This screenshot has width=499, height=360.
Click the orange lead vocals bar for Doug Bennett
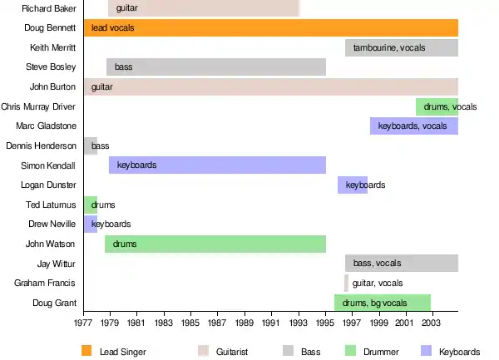pos(270,27)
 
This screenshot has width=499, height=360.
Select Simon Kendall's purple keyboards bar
pos(216,165)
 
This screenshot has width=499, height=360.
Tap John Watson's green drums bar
pos(215,244)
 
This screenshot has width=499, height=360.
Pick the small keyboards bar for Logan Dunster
pos(353,185)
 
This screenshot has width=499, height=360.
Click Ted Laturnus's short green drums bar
pos(90,205)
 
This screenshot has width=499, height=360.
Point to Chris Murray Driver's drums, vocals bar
pos(437,106)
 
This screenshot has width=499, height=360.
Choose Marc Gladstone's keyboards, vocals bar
pos(414,126)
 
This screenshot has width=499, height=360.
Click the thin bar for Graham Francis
pos(346,283)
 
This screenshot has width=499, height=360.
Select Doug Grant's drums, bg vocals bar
pos(383,303)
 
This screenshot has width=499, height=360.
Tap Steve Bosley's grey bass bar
pos(216,67)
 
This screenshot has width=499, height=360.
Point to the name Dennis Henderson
pos(42,145)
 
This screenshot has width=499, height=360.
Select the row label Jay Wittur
pos(57,264)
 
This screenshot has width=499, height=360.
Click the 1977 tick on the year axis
pos(83,321)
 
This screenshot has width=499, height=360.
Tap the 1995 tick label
pos(325,321)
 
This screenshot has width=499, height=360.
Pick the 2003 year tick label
pos(432,321)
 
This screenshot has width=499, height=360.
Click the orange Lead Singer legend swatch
pos(87,351)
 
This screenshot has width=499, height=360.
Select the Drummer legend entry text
pos(381,352)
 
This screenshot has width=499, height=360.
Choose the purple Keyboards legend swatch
pos(427,351)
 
